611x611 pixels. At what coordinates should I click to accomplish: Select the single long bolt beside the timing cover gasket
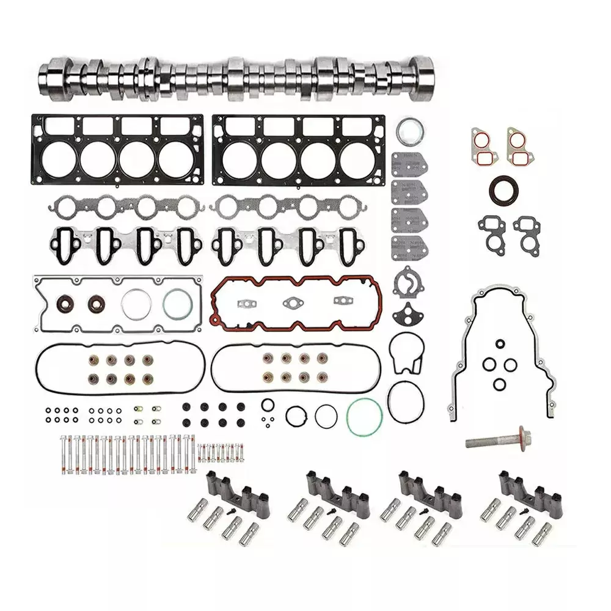pos(498,439)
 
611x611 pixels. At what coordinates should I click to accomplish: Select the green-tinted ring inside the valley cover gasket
pos(178,304)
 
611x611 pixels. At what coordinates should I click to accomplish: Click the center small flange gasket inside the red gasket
pos(293,302)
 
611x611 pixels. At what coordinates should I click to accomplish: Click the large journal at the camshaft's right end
pos(422,79)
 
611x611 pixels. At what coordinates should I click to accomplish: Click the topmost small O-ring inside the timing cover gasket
pos(500,343)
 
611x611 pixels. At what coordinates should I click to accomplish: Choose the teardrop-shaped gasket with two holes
pos(406,315)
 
